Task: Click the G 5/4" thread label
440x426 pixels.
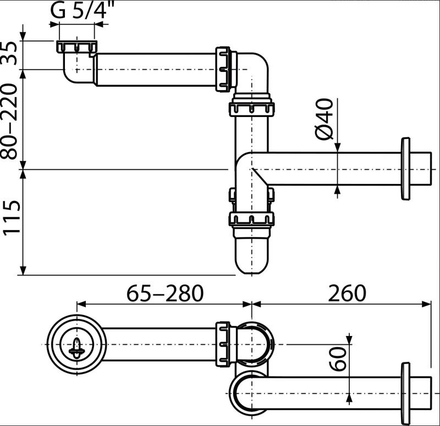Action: tap(82, 10)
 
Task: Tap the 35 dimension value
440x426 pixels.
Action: tap(11, 53)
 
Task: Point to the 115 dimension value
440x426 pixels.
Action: tap(11, 216)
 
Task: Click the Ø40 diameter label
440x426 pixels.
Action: tap(324, 119)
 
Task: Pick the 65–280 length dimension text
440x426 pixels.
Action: tap(164, 294)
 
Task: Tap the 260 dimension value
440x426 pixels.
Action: tap(347, 294)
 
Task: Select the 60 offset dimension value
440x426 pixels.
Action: tap(338, 359)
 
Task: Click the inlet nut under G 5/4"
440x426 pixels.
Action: tap(76, 47)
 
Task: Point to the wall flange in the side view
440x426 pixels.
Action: tap(405, 169)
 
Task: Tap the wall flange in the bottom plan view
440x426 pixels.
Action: tap(405, 393)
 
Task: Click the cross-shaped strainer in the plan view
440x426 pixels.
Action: tap(76, 348)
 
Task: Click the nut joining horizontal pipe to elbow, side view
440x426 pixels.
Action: tap(223, 70)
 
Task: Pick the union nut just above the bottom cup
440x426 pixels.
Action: tap(252, 218)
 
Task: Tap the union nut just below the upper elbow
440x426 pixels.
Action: tap(252, 109)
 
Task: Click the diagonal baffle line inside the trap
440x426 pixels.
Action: tap(260, 177)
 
